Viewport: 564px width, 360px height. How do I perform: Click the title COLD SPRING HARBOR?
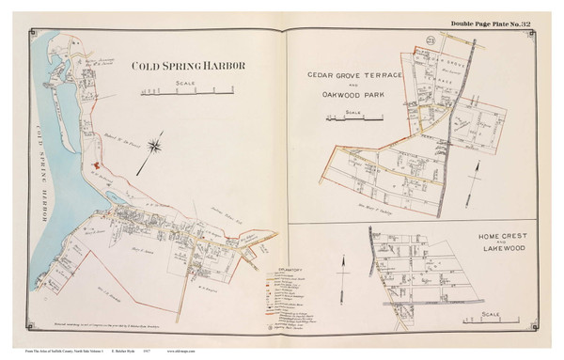tap(189, 67)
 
